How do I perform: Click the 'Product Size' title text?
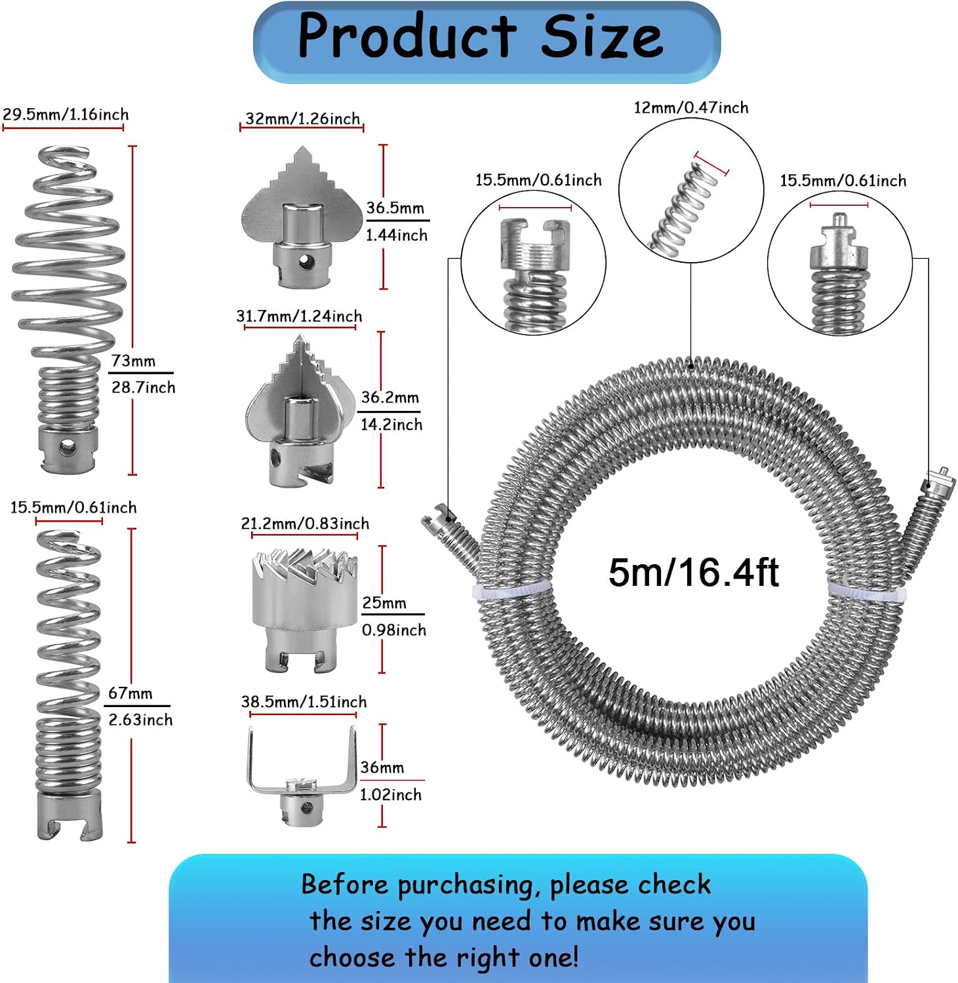(481, 35)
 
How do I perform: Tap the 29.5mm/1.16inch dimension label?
(66, 115)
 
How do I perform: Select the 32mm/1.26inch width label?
(302, 119)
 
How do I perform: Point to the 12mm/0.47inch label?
(690, 107)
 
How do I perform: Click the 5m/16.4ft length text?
(693, 572)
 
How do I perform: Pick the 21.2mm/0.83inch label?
(305, 524)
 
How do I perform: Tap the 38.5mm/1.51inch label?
(304, 702)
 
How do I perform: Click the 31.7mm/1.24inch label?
(299, 317)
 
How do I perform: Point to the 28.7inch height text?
(143, 387)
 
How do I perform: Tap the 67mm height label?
(130, 693)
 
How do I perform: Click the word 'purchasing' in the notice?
(468, 885)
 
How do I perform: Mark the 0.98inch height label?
(394, 630)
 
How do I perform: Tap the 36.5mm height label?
(395, 208)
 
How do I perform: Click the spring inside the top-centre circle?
(681, 205)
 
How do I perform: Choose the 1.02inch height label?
(390, 795)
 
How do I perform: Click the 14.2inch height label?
(391, 425)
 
